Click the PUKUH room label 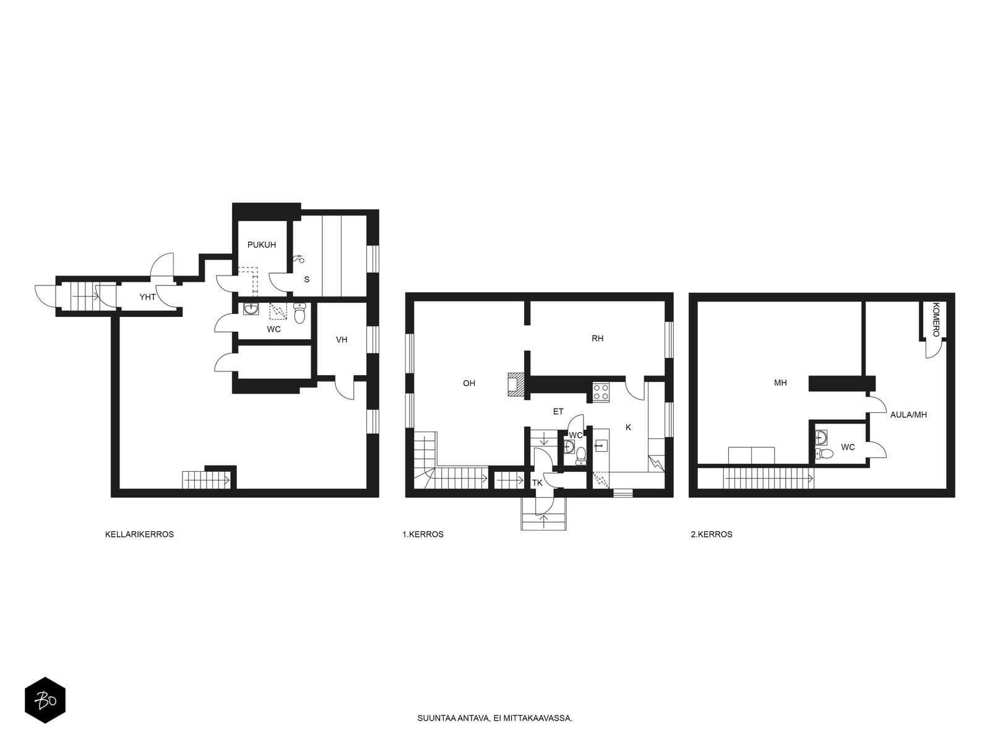pos(262,245)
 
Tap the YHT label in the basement pos(147,297)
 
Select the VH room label pos(342,340)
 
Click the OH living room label pos(469,383)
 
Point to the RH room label pos(598,338)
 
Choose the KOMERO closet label pos(936,319)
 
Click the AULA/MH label pos(908,415)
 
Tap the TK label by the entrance pos(537,483)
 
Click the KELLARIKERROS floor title pos(139,534)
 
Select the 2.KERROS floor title pos(712,534)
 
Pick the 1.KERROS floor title pos(423,534)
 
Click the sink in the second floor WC pos(821,437)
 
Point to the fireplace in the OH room pos(517,385)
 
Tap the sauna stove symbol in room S pos(299,259)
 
